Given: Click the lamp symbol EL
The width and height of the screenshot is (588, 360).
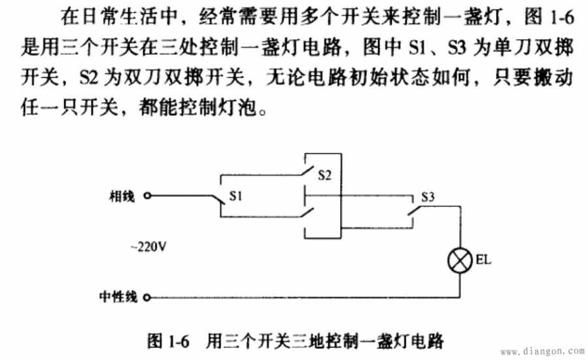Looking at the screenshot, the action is tap(460, 260).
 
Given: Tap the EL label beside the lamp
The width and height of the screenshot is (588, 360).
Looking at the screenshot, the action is tap(483, 260).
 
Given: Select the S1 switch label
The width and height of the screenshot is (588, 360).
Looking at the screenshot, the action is tap(235, 196).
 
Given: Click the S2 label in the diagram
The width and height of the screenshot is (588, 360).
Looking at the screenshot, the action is tap(324, 175).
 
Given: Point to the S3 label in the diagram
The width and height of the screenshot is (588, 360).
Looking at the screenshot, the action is tap(428, 197).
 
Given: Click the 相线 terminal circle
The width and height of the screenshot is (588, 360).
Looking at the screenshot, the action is tap(147, 196).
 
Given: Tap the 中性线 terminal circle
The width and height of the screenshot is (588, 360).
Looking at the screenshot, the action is tap(147, 298).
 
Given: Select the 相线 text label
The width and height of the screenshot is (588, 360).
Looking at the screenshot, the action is tap(122, 196).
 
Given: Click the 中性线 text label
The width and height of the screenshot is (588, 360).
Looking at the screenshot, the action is tap(118, 297).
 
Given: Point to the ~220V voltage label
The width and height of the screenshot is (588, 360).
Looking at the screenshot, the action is tap(148, 247).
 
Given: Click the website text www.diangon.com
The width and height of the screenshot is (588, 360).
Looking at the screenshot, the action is tap(543, 351).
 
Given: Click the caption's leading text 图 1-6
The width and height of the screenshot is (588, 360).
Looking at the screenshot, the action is tap(168, 341).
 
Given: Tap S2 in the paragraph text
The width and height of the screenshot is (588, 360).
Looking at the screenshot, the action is tap(89, 78).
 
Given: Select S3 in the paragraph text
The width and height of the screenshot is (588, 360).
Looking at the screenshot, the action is tap(457, 48).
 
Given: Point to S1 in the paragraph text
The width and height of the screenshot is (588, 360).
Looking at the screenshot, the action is tap(418, 48).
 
